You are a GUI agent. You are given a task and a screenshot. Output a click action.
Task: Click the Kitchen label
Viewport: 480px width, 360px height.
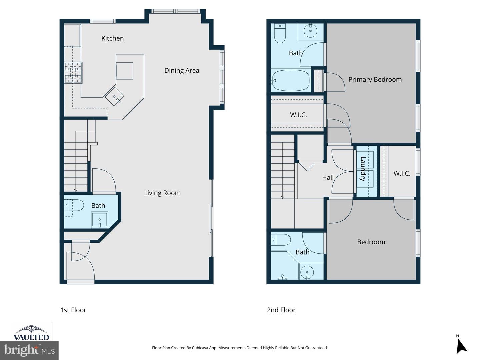[x=112, y=38]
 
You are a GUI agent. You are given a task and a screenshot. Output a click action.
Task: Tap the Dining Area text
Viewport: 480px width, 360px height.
[x=182, y=70]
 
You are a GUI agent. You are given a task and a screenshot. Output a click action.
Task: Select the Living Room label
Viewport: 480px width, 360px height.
[x=162, y=193]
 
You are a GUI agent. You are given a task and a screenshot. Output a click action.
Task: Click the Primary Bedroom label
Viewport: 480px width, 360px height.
[x=375, y=79]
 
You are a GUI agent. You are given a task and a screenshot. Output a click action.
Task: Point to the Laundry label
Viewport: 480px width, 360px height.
[x=363, y=169]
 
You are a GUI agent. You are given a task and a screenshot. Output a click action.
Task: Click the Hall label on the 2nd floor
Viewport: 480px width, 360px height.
[x=328, y=178]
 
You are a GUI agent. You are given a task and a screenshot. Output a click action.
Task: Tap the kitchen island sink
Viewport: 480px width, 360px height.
[x=114, y=96]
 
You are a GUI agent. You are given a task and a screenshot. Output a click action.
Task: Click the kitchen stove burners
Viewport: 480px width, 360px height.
[x=73, y=72]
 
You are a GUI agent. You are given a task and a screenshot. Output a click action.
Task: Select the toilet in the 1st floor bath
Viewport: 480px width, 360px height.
[x=74, y=205]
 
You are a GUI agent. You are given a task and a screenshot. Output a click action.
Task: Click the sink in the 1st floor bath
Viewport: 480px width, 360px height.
[x=100, y=220]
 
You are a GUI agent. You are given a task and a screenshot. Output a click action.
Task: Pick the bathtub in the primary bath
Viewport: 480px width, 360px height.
[x=290, y=80]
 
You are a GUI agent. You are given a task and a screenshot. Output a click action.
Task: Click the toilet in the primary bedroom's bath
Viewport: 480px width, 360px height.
[x=280, y=33]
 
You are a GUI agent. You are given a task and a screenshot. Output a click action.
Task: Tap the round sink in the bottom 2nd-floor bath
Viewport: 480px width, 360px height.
[x=307, y=272]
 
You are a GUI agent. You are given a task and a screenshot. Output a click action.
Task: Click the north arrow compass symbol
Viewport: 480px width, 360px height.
[x=461, y=346]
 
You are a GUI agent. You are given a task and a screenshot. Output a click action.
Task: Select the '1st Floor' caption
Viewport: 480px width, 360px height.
[x=73, y=310]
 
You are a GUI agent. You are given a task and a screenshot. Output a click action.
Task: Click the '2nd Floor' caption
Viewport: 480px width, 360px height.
[x=281, y=310]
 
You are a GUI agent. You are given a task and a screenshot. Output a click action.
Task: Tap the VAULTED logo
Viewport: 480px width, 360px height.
[x=31, y=333]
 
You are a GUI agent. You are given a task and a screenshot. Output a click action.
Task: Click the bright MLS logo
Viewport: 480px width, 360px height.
[x=29, y=350]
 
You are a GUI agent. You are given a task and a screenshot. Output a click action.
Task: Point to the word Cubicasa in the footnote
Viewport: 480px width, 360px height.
[x=200, y=348]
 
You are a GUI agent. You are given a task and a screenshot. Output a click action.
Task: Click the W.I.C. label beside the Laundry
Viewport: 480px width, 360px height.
[x=402, y=173]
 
